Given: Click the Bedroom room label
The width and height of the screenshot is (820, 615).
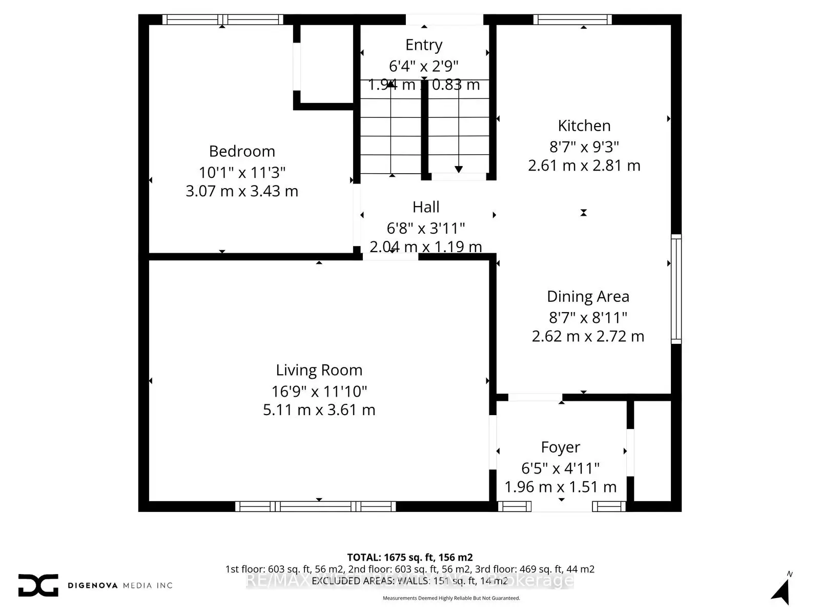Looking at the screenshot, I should pyautogui.click(x=242, y=151).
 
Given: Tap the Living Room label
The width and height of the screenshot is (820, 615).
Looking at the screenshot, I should pyautogui.click(x=319, y=370).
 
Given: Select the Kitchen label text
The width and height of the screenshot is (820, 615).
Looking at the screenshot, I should pyautogui.click(x=584, y=126).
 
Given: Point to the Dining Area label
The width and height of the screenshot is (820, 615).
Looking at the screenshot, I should pyautogui.click(x=588, y=296).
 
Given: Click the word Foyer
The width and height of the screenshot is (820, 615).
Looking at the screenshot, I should pyautogui.click(x=560, y=447).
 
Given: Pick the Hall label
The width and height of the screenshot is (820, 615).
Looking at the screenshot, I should pyautogui.click(x=426, y=207).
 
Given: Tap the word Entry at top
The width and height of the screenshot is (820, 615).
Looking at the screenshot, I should pyautogui.click(x=423, y=45).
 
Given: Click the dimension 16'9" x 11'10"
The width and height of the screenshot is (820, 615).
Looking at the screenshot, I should pyautogui.click(x=319, y=392).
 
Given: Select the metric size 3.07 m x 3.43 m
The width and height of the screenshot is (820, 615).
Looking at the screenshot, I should pyautogui.click(x=242, y=191).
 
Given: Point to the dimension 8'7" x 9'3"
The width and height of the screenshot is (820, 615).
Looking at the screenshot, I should pyautogui.click(x=584, y=147).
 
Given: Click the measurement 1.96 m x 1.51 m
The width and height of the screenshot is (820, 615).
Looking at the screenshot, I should pyautogui.click(x=560, y=487).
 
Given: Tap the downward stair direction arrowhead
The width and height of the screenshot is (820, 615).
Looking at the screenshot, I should pyautogui.click(x=459, y=169).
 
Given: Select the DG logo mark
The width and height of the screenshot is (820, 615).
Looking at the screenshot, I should pyautogui.click(x=38, y=585).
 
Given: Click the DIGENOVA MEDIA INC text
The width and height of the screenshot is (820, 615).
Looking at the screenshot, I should pyautogui.click(x=120, y=585).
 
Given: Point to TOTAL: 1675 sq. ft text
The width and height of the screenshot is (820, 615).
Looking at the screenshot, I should pyautogui.click(x=409, y=557).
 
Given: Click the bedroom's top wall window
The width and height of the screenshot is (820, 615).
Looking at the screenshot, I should pyautogui.click(x=222, y=19).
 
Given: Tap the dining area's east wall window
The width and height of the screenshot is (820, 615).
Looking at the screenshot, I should pyautogui.click(x=676, y=289).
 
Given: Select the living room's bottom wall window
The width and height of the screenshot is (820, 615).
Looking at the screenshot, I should pyautogui.click(x=315, y=506).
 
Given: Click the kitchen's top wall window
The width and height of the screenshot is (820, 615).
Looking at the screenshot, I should pyautogui.click(x=572, y=19).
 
